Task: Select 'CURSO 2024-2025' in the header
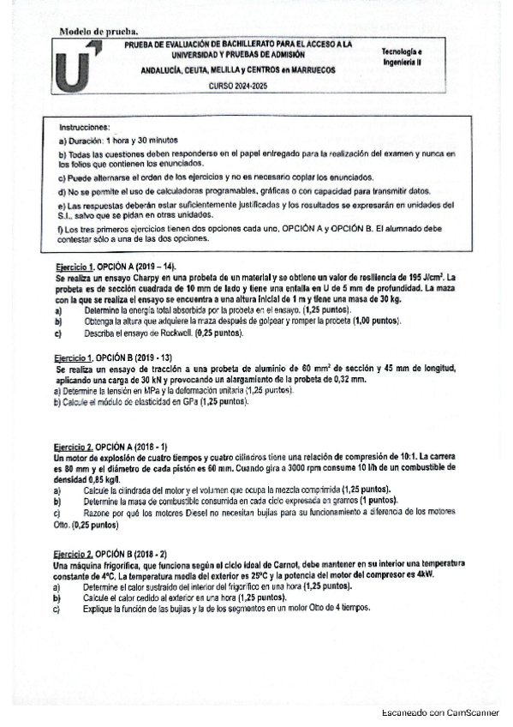(x=233, y=87)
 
